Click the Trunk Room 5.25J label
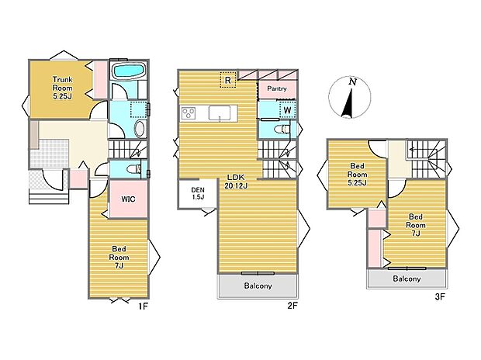pos(63,88)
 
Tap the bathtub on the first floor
pos(129,71)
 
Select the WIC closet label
pos(128,199)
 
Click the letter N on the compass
pos(353,82)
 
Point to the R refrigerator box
pos(228,80)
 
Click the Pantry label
pos(277,88)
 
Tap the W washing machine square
pos(287,110)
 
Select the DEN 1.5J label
pos(198,194)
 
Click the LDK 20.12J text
pos(236,182)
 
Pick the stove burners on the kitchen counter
pos(188,113)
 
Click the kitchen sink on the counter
pos(220,112)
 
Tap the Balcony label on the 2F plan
pos(258,286)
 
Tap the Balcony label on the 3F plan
pos(407,279)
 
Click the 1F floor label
pos(144,306)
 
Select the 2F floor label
pos(292,306)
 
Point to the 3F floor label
pos(440,297)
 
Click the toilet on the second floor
pos(282,130)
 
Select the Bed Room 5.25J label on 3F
pos(357,175)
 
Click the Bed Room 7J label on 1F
pos(119,257)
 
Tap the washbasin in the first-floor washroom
pos(140,129)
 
